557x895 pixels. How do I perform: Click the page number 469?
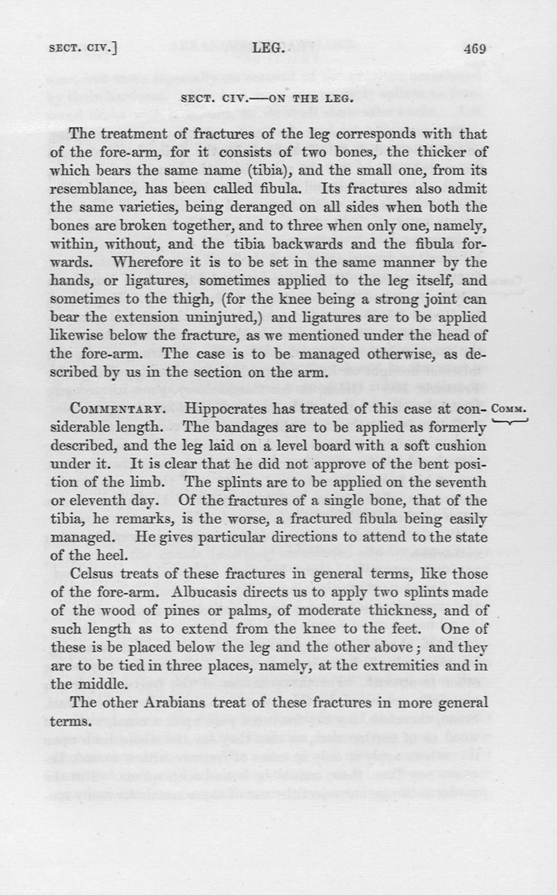coord(473,49)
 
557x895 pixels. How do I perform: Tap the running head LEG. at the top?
coord(267,49)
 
